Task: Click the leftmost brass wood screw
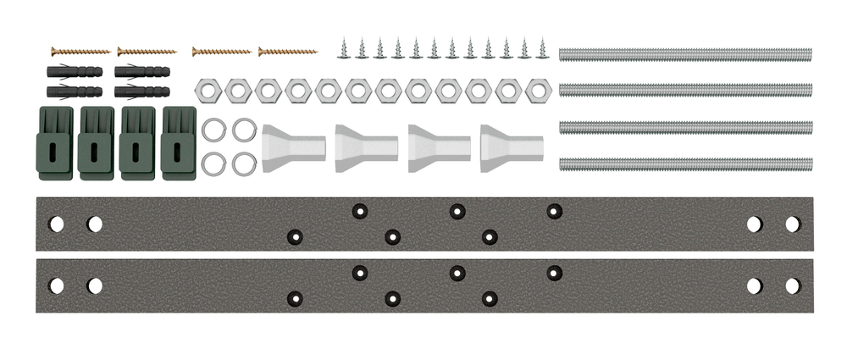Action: coord(81,52)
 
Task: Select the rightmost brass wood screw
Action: coord(288,52)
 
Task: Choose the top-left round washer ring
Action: coord(213,130)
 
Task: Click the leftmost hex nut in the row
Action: coord(208,90)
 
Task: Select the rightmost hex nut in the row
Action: coord(538,90)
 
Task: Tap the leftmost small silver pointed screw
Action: coord(344,49)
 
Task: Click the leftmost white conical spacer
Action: coord(293,148)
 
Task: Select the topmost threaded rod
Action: coord(685,54)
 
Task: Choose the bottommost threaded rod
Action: coord(685,163)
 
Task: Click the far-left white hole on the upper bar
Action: coord(56,224)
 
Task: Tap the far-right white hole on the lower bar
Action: coord(793,285)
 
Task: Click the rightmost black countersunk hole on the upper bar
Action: coord(555,210)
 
